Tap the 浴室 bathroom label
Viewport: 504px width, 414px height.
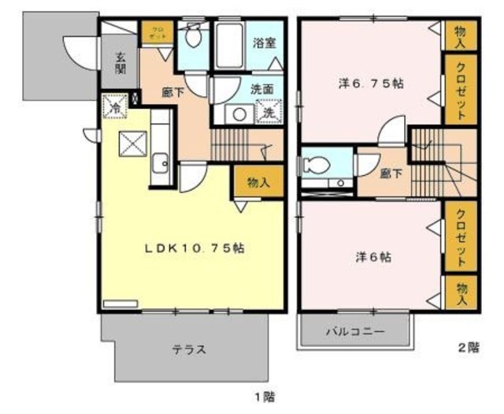264,43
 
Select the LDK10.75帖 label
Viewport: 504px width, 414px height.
193,248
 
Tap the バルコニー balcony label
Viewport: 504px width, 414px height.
356,332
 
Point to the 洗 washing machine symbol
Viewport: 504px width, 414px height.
268,113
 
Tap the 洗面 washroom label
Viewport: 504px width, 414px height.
263,90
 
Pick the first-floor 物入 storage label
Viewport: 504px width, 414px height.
258,183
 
